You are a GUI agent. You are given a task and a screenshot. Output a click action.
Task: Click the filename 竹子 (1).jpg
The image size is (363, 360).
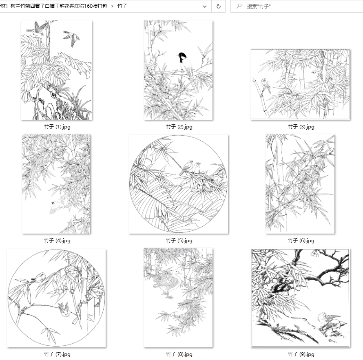(x=57, y=127)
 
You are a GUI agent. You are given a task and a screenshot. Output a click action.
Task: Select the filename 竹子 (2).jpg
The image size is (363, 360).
(x=179, y=127)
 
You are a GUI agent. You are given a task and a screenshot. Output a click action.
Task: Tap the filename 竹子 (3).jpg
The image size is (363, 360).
(x=301, y=127)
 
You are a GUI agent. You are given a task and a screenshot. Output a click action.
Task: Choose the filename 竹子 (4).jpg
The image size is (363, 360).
(x=57, y=241)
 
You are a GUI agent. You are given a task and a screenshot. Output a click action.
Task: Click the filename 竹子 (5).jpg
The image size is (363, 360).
(x=179, y=241)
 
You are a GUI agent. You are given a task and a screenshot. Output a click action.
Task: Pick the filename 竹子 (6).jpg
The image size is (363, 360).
(x=301, y=241)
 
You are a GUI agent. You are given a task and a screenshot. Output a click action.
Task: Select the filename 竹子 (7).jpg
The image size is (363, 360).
(x=57, y=354)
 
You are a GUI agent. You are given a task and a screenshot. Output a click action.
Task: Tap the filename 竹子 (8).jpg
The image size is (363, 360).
(x=179, y=354)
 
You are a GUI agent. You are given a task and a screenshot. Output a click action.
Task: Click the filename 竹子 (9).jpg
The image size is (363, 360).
(x=301, y=354)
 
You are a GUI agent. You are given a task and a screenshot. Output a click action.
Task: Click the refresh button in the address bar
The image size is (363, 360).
(x=218, y=7)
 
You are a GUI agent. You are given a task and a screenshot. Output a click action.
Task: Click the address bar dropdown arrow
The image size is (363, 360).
(x=205, y=7)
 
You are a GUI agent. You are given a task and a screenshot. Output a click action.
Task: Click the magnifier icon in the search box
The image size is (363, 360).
(x=239, y=6)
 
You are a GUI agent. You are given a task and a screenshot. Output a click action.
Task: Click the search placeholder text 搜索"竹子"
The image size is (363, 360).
(x=259, y=7)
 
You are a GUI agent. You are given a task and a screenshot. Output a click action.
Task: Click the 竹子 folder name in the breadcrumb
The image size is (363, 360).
(x=122, y=6)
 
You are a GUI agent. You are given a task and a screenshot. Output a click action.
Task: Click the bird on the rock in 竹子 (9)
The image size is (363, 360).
(x=331, y=322)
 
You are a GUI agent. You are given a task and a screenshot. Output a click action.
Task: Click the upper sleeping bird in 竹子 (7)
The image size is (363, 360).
(x=39, y=277)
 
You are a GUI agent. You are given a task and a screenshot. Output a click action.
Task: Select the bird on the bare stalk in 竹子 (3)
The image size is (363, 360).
(x=265, y=85)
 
